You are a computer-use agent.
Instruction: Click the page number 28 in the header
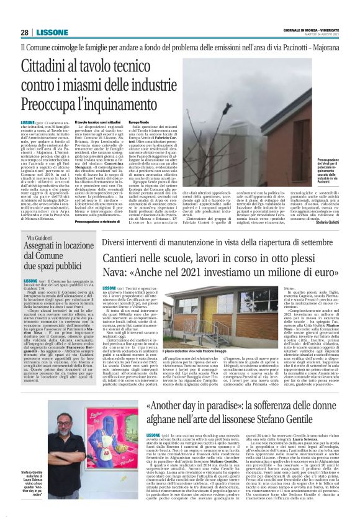pos(24,32)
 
